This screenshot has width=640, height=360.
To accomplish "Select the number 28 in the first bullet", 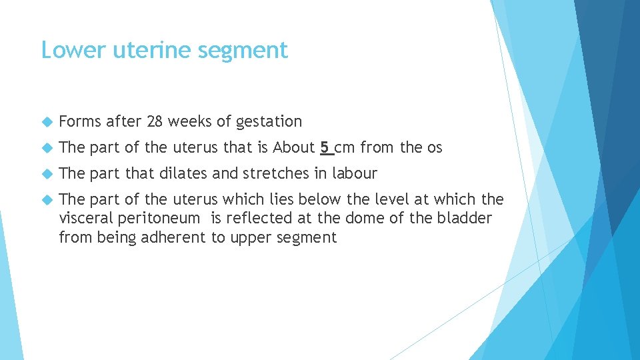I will click(155, 121).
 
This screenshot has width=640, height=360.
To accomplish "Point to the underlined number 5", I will click(325, 147).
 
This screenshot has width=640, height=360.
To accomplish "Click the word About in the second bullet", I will click(293, 147).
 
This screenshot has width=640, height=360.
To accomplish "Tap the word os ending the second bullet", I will click(434, 148).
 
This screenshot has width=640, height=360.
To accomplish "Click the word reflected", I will click(261, 218).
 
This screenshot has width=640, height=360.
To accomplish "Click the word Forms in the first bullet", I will click(80, 121).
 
